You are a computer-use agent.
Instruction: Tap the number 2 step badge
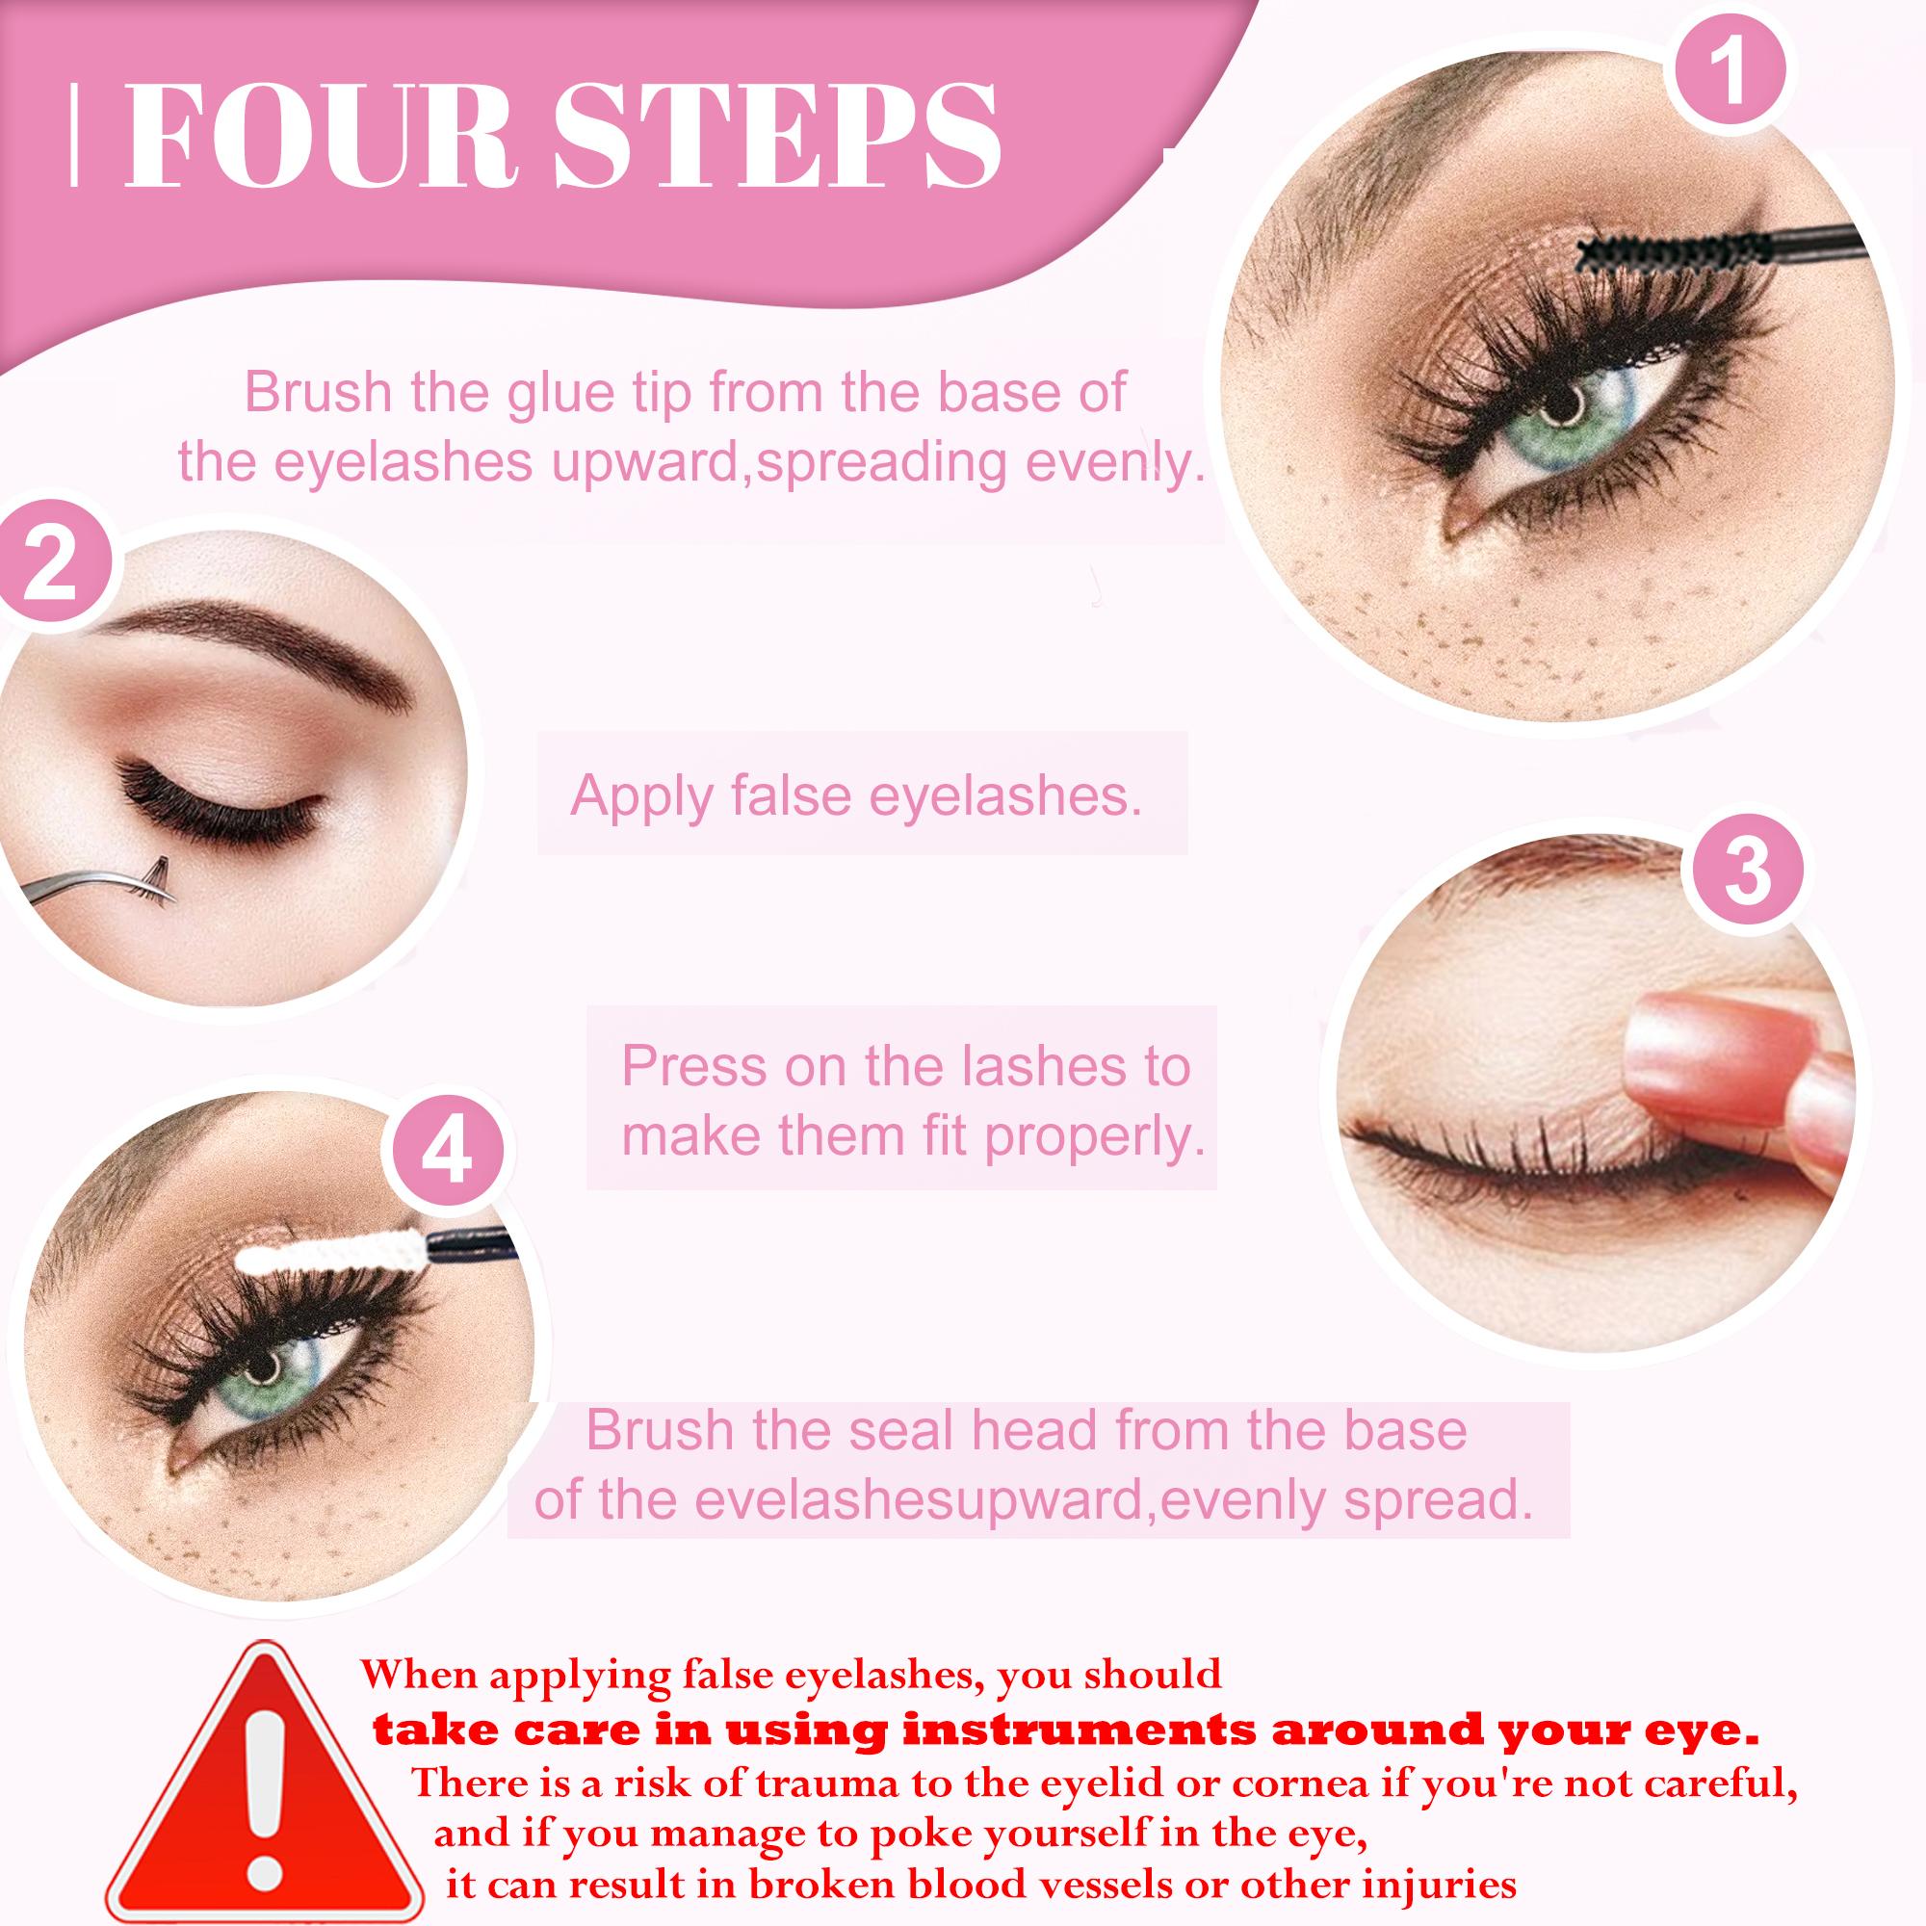[x=51, y=565]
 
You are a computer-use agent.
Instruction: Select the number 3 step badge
[x=1747, y=872]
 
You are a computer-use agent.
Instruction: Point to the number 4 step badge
[x=446, y=1157]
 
